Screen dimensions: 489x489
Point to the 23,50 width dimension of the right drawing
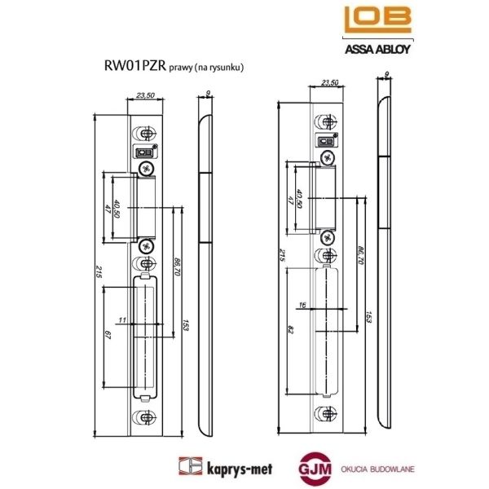[331, 82]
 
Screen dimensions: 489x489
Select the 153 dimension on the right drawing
[368, 315]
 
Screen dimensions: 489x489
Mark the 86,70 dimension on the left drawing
[176, 266]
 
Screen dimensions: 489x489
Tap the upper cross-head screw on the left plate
[147, 169]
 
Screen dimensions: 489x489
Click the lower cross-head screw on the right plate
[327, 237]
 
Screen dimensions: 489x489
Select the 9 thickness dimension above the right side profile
[385, 74]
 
